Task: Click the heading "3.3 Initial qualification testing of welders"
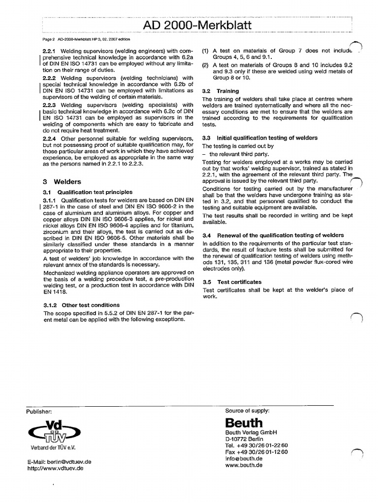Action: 260,138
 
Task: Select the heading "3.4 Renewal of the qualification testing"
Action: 273,235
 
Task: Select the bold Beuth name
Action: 244,423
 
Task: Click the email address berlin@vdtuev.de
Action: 60,462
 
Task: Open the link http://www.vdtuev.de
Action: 55,469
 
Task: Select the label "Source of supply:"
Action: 247,410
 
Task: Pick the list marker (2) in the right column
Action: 205,65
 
